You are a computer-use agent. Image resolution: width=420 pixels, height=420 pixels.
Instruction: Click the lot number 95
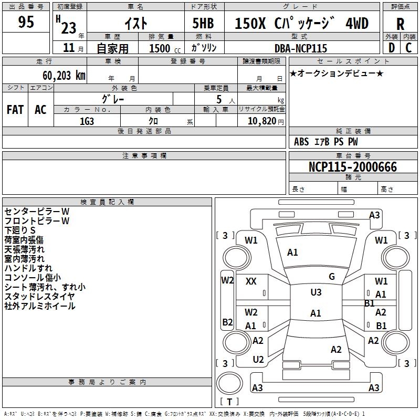click(26, 22)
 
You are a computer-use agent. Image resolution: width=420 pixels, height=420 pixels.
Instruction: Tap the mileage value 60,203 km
click(64, 76)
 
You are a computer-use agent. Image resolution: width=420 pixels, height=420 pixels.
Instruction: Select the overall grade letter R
click(400, 24)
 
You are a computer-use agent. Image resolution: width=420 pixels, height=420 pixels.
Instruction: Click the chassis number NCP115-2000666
click(352, 166)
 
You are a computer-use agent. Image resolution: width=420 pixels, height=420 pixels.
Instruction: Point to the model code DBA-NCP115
click(300, 48)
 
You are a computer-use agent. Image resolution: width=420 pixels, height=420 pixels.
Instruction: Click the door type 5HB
click(203, 23)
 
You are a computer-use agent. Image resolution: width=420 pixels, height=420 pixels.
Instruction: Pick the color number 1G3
click(87, 121)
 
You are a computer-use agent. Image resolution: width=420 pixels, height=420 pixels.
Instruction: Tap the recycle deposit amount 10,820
click(261, 121)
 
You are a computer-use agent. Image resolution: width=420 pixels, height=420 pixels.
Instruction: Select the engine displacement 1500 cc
click(165, 48)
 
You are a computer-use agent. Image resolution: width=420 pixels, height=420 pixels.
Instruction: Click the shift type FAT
click(15, 110)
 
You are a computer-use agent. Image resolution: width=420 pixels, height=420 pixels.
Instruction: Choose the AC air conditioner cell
click(40, 110)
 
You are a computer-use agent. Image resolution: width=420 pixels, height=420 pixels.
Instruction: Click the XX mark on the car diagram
click(251, 281)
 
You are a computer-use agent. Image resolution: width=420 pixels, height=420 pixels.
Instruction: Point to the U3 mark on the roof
click(316, 292)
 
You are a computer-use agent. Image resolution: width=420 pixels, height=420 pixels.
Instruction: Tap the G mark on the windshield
click(332, 277)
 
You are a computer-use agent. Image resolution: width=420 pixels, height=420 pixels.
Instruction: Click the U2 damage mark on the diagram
click(258, 360)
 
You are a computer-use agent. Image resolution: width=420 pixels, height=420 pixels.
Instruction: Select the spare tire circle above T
click(229, 383)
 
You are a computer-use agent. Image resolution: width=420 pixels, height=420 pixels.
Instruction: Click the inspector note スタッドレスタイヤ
click(40, 297)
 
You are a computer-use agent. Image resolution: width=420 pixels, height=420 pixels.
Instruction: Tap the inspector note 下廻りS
click(20, 230)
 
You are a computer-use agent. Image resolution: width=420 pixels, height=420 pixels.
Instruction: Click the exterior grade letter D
click(391, 48)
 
